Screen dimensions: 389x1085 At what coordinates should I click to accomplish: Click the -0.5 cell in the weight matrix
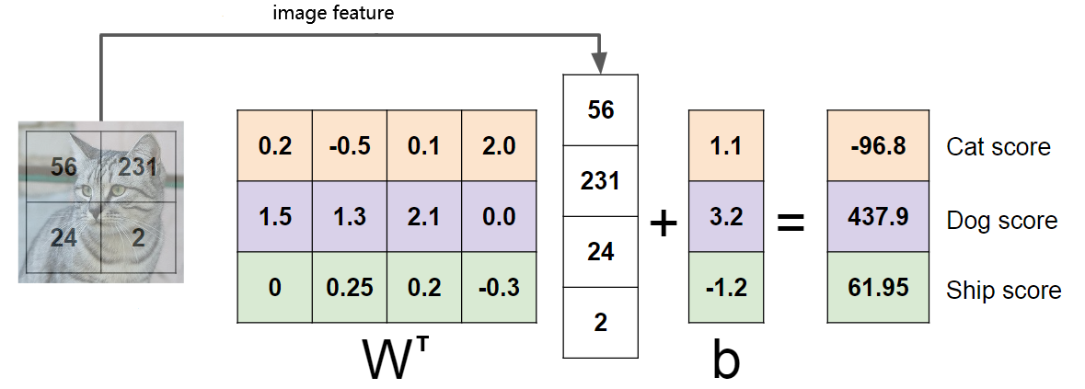tap(349, 145)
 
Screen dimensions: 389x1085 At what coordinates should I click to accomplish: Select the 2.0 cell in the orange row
tap(498, 145)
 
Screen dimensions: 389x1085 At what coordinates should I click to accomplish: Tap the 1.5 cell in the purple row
tap(274, 216)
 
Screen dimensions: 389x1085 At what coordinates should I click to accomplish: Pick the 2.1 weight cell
tap(423, 216)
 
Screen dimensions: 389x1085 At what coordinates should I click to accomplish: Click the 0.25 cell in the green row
tap(349, 287)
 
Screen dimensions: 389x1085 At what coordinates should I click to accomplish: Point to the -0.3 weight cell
tap(498, 287)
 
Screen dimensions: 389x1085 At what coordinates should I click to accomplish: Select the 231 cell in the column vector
tap(600, 180)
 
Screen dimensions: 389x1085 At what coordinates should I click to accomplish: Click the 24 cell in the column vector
tap(600, 251)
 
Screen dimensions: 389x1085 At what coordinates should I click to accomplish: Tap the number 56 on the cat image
tap(63, 166)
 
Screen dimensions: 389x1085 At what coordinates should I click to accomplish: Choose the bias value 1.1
tap(726, 145)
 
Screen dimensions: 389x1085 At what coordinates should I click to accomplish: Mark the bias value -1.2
tap(726, 287)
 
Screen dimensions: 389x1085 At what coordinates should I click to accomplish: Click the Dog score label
tap(1001, 221)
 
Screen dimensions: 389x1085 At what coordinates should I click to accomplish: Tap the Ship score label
tap(1003, 291)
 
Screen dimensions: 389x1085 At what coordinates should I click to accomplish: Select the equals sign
tap(791, 222)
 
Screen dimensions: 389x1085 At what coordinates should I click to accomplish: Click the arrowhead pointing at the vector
tap(600, 64)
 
